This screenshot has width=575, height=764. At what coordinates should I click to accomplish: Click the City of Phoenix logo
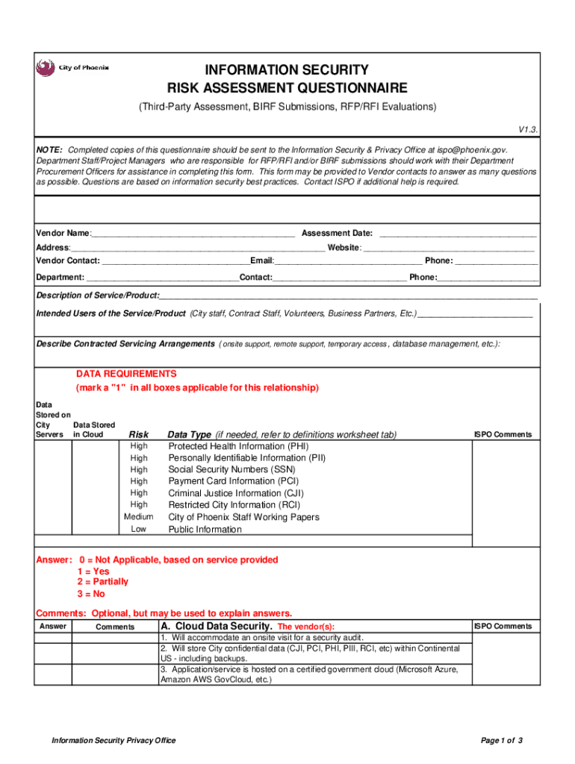72,68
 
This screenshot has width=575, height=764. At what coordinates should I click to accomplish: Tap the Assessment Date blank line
458,234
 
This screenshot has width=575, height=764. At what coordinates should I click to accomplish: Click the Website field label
344,247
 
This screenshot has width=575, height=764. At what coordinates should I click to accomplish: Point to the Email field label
261,260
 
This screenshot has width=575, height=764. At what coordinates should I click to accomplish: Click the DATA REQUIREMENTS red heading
126,373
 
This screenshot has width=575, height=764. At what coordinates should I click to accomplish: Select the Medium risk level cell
138,517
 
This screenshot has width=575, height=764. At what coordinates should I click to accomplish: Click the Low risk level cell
138,529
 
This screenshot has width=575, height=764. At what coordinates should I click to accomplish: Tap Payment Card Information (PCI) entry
234,481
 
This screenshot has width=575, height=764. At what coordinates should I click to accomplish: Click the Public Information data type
205,529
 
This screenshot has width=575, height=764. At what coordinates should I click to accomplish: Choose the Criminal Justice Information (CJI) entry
236,493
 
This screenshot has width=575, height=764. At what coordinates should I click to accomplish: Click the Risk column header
139,434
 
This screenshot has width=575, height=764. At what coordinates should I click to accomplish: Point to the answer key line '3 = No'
90,594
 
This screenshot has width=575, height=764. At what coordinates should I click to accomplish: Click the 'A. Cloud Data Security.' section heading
217,627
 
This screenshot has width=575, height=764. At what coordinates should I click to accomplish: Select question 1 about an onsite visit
262,639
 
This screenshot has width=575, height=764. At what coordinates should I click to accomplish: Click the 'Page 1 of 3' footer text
502,740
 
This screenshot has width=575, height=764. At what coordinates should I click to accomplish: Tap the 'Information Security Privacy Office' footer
114,740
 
